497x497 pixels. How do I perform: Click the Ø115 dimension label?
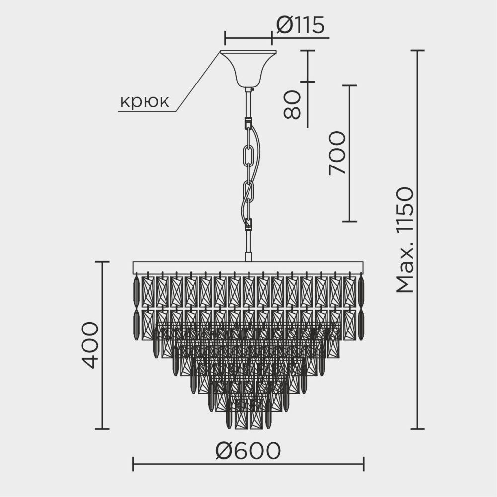(x=300, y=25)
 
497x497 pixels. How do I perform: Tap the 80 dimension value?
(x=292, y=105)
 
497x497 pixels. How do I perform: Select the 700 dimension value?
(x=337, y=153)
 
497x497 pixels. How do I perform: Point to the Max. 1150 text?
(x=405, y=240)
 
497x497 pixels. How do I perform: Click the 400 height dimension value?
(x=90, y=344)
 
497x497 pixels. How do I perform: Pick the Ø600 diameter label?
(x=248, y=451)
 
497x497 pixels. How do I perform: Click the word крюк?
(x=145, y=102)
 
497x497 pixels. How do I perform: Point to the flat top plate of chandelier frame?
(x=248, y=267)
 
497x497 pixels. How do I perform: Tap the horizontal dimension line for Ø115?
(x=248, y=38)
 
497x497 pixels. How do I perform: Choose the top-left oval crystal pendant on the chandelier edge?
(x=136, y=291)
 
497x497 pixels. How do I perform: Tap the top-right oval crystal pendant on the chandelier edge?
(x=361, y=291)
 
